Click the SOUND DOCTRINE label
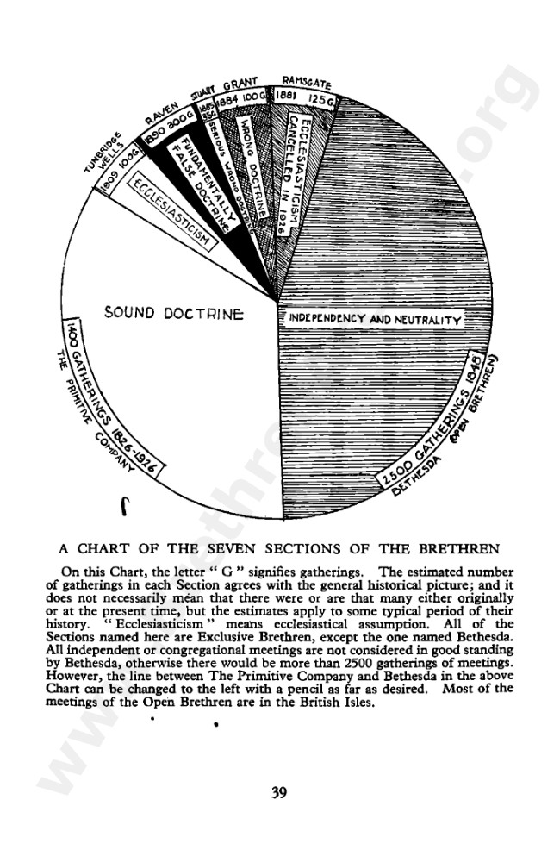point(174,312)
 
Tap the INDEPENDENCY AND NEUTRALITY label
point(372,320)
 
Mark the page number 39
point(278,793)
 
